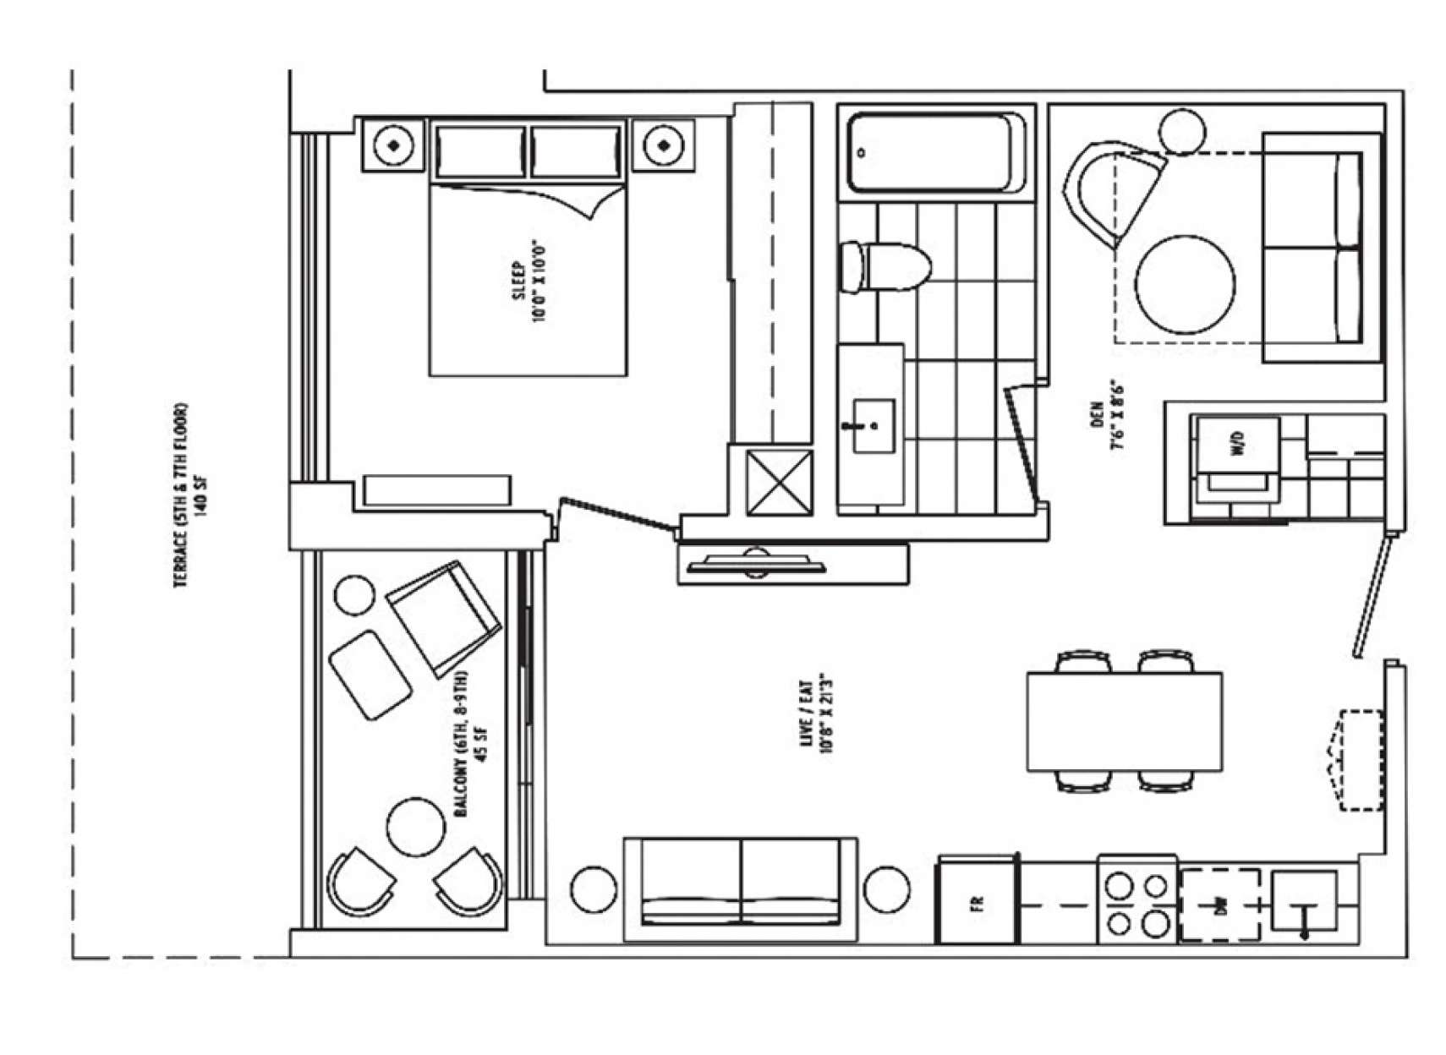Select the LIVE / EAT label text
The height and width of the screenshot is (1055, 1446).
pos(816,716)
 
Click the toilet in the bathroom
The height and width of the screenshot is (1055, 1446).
pos(885,267)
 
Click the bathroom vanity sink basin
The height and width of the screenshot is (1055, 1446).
pos(873,425)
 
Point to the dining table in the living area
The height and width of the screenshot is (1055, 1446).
pos(1125,721)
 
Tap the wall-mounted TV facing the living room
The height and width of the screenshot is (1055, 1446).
pos(755,564)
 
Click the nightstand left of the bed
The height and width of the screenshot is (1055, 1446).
pos(394,145)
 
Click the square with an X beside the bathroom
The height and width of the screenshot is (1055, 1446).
pos(780,483)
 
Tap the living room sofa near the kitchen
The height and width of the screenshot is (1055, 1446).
pos(741,889)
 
